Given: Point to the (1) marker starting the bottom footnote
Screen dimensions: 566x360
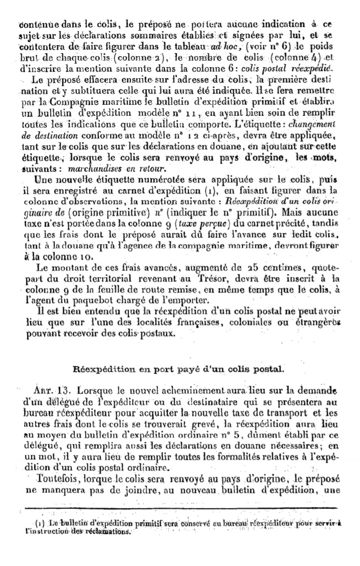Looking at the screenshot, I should tap(41, 523).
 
